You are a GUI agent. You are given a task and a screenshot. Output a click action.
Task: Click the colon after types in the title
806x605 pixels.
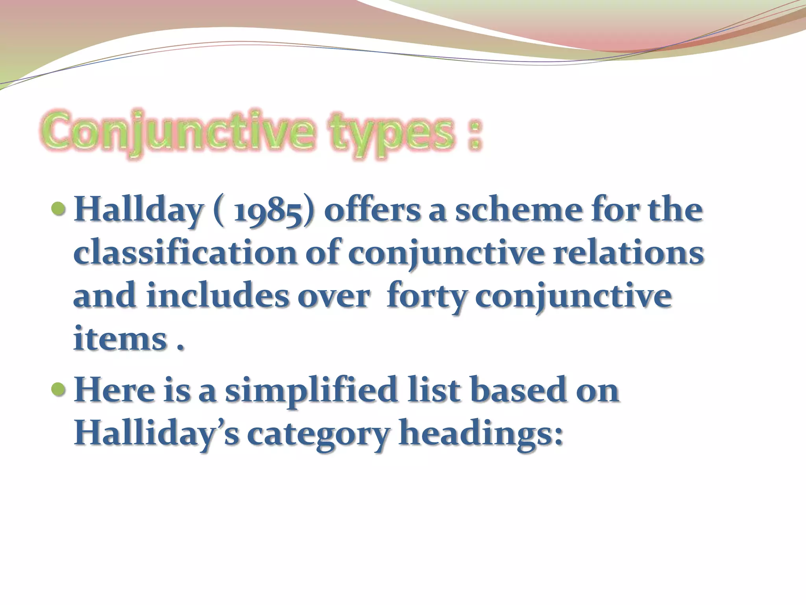475,136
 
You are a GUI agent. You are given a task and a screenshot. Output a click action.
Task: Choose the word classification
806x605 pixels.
185,253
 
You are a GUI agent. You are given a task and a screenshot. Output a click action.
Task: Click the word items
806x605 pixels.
120,338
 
